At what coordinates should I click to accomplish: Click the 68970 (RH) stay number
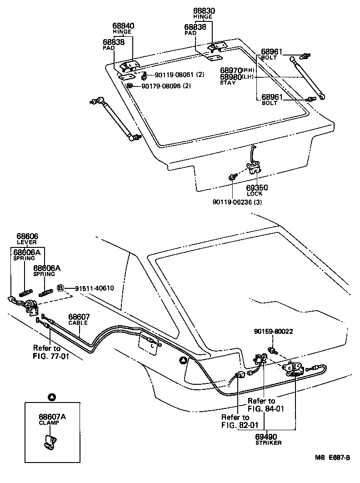click(231, 70)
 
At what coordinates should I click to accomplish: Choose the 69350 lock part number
click(257, 187)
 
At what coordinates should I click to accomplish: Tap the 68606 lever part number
click(27, 236)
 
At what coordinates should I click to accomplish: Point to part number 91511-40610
click(94, 288)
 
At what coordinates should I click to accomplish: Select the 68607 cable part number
click(79, 317)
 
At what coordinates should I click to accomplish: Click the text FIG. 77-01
click(51, 356)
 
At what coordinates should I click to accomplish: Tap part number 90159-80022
click(273, 332)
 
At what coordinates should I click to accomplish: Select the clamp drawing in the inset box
click(50, 442)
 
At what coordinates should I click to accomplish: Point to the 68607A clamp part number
click(51, 416)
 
